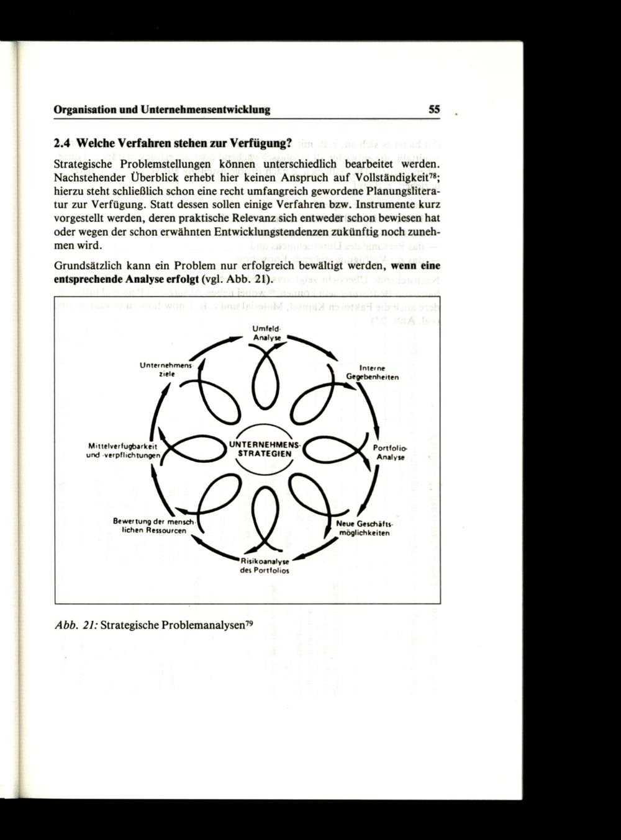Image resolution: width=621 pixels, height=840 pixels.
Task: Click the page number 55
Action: pyautogui.click(x=434, y=109)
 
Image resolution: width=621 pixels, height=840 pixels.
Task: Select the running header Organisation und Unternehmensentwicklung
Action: pyautogui.click(x=162, y=110)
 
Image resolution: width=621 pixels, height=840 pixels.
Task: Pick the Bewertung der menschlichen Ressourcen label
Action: pyautogui.click(x=150, y=525)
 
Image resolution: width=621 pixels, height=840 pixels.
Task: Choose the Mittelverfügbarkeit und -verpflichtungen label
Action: pyautogui.click(x=124, y=450)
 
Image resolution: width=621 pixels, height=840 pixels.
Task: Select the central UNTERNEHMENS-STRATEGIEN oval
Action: pyautogui.click(x=265, y=449)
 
